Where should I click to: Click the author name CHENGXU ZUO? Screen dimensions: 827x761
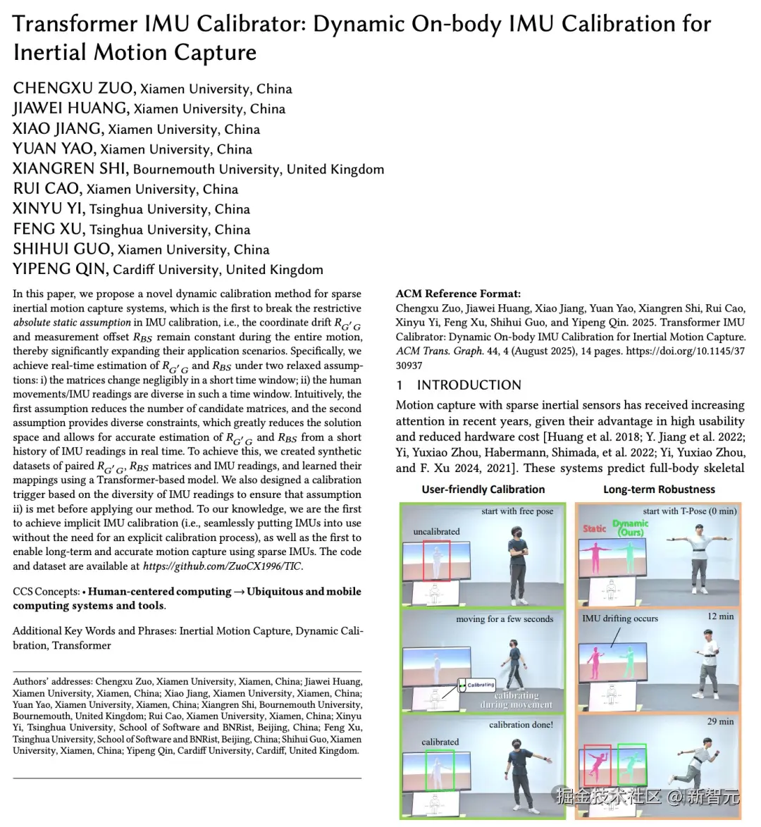tap(73, 89)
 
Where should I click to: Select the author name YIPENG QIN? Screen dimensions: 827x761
tap(60, 269)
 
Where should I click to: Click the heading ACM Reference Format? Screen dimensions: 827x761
tap(458, 294)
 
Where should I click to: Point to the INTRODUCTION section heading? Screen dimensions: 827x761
tap(469, 385)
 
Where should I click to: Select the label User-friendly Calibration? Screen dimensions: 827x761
tap(483, 490)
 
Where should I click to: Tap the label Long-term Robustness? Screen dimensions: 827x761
tap(659, 490)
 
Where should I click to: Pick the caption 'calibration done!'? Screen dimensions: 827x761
tap(521, 724)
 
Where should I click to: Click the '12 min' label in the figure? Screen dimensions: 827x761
tap(720, 616)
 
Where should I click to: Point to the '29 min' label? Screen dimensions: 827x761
tap(720, 721)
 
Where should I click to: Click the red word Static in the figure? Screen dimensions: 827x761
tap(594, 528)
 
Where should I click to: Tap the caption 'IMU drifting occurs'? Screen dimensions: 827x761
tap(620, 618)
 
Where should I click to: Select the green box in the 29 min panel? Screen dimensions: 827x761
tap(631, 765)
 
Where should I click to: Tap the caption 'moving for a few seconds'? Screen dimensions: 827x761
tap(505, 619)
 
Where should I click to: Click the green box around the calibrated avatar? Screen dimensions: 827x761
tap(440, 770)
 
